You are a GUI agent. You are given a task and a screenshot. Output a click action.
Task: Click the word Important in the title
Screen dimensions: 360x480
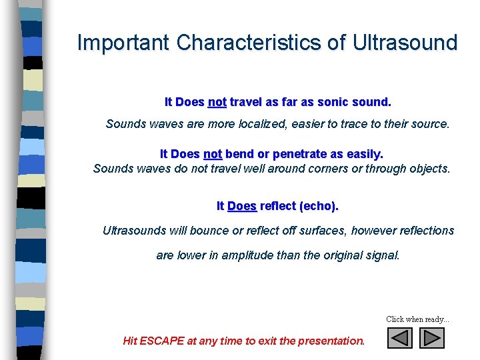click(x=123, y=43)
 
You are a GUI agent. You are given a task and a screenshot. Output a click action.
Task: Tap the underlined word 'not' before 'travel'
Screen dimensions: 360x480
click(x=217, y=103)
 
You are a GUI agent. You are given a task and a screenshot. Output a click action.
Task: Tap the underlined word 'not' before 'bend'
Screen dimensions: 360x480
click(x=213, y=154)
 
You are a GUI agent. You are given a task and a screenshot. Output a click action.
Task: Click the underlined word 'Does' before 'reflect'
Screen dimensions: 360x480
click(x=242, y=206)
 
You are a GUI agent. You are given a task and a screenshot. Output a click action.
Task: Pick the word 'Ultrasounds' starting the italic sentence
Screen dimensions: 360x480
click(x=135, y=231)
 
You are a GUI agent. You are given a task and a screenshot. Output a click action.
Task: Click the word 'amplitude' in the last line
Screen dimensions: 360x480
click(x=251, y=255)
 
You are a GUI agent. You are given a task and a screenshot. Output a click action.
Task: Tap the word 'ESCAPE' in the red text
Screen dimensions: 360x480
click(x=161, y=341)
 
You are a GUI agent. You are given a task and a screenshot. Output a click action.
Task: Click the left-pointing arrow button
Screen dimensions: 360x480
click(x=400, y=338)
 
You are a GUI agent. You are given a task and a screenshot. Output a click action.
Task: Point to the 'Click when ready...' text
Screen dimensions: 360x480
click(x=417, y=319)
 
